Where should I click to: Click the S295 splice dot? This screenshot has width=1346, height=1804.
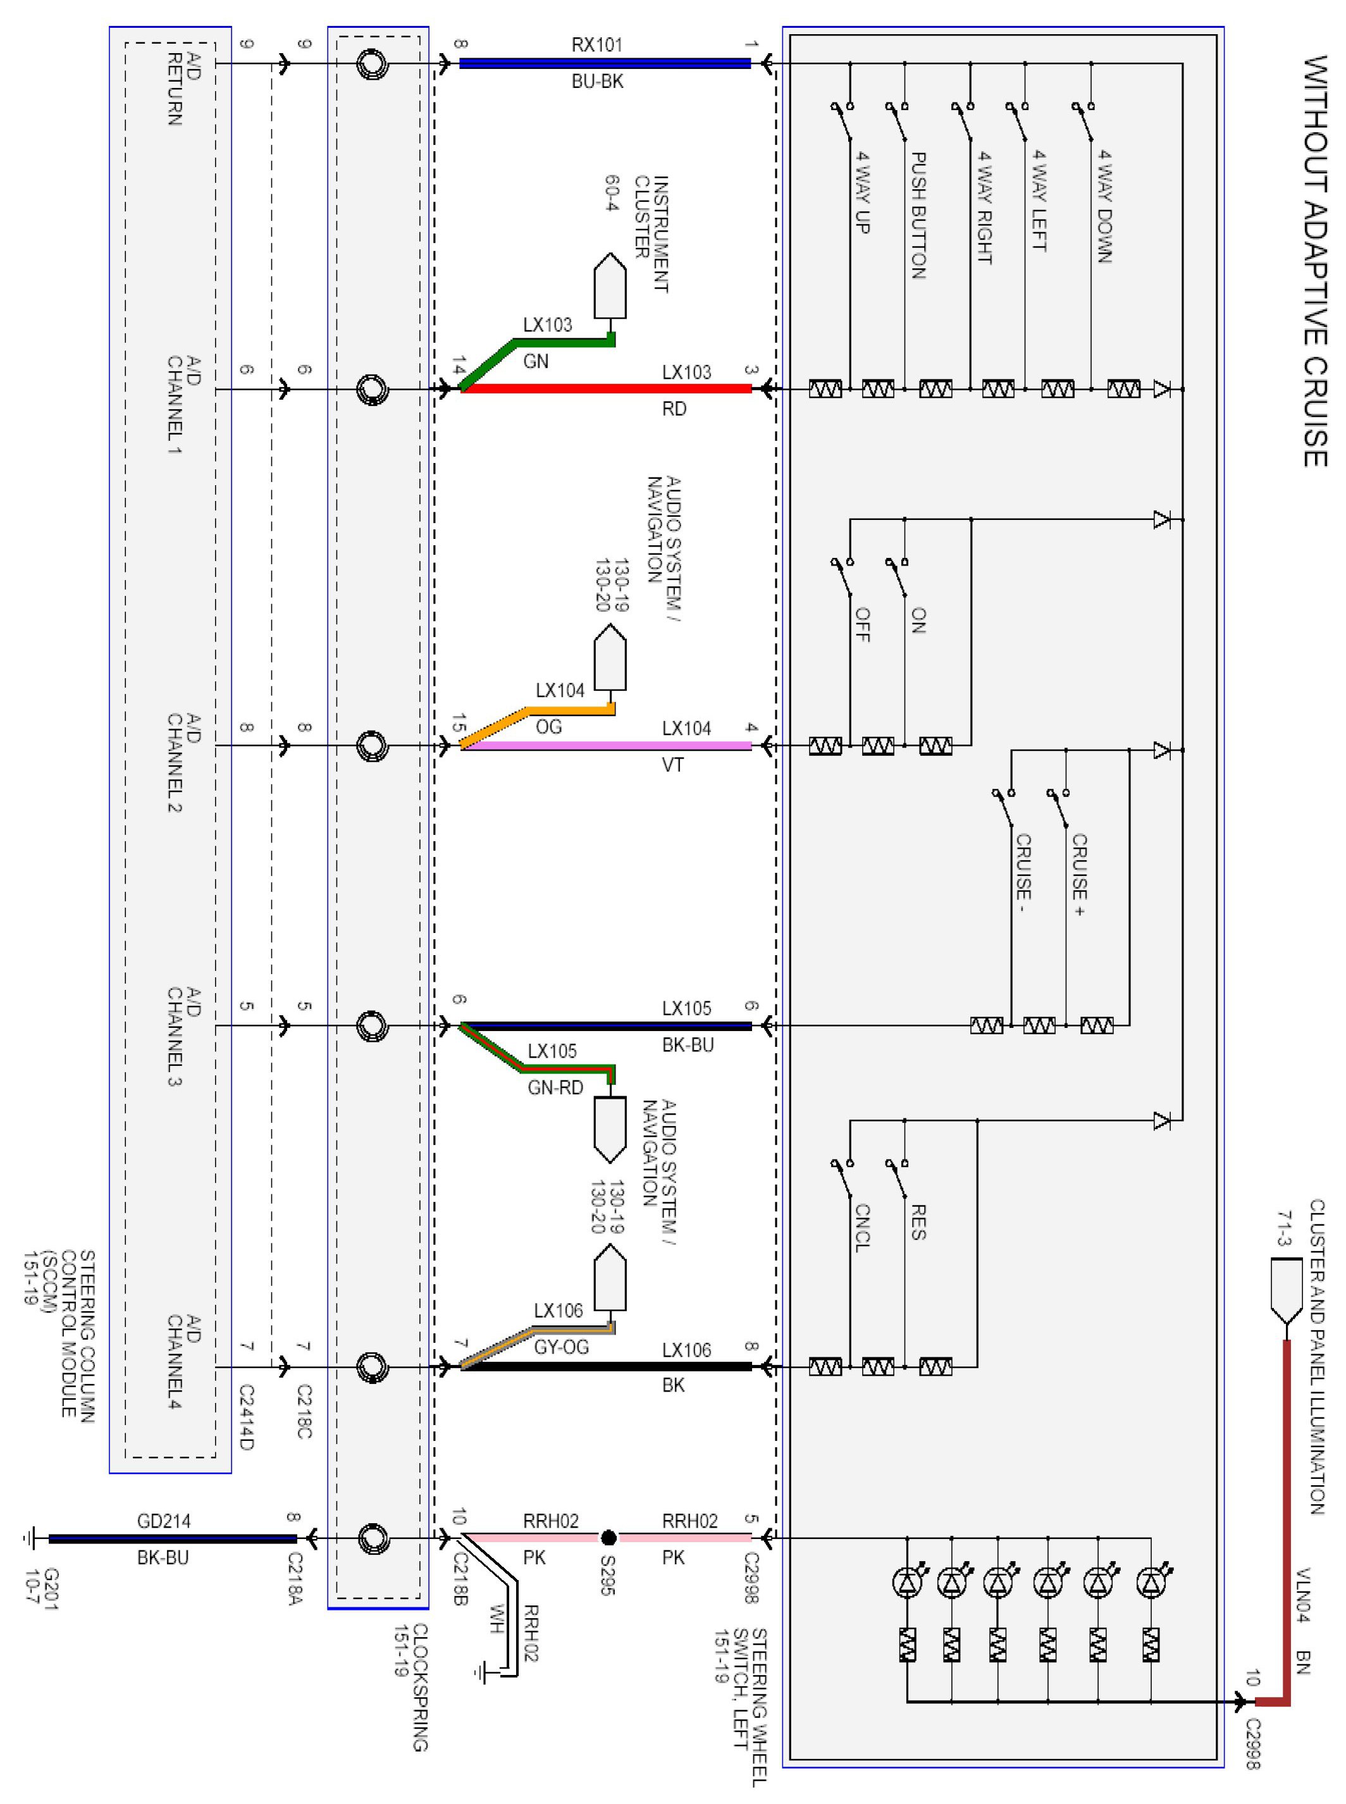(608, 1538)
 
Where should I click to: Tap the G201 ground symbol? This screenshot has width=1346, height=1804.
(30, 1538)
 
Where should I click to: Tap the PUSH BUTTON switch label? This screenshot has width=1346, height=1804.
(918, 215)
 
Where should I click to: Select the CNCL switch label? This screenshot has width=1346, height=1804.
(863, 1227)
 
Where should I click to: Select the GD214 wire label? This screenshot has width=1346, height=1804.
(164, 1521)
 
